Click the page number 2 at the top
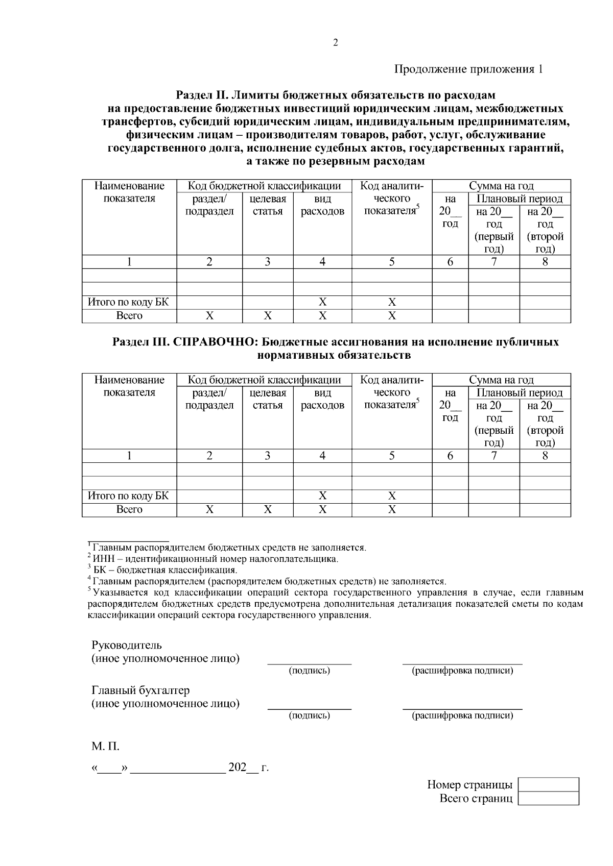pos(336,43)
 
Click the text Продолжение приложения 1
pos(467,69)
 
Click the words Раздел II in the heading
pos(201,95)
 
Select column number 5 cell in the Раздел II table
pos(392,262)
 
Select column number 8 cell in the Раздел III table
pos(545,456)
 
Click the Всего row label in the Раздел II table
pos(129,316)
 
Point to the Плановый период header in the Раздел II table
pos(520,199)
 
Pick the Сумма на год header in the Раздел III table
pos(501,380)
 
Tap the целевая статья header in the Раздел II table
pos(268,205)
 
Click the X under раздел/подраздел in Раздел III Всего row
pos(209,509)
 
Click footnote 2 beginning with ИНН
pos(215,559)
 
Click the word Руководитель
pos(126,645)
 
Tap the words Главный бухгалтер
pos(140,690)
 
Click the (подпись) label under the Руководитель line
pos(310,671)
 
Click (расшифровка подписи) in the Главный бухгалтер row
pos(462,715)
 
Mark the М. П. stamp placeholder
pos(105,747)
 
